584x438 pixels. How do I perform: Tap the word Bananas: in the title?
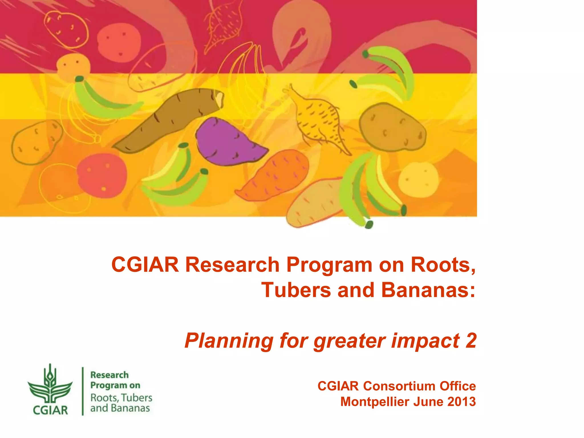[428, 290]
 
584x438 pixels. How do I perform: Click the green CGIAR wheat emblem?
[50, 384]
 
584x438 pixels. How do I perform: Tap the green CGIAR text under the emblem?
[50, 410]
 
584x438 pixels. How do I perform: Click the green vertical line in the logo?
[83, 391]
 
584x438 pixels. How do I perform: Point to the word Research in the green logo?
[109, 375]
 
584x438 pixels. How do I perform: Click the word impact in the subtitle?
[425, 341]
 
